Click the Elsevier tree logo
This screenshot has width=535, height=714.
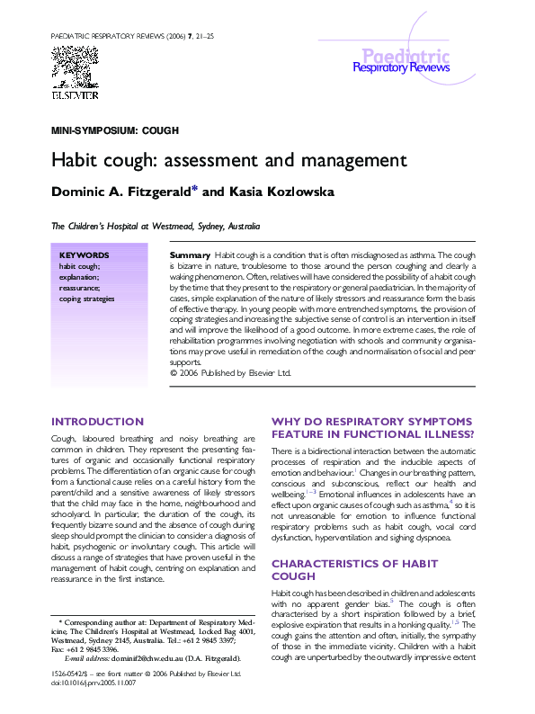75,72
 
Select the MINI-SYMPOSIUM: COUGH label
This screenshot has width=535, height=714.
114,131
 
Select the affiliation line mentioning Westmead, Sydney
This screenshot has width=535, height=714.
156,227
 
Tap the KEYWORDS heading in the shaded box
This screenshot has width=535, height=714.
84,255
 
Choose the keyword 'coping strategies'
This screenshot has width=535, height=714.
86,299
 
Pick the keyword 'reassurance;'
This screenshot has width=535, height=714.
80,288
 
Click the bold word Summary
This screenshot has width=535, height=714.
190,256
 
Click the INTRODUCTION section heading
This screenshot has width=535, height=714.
97,422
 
